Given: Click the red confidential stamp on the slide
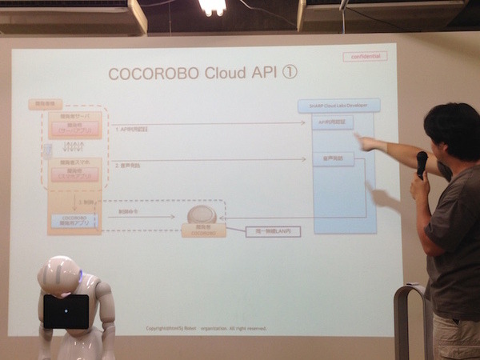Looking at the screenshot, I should point(365,57).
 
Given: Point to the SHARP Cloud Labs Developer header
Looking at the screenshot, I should point(338,105).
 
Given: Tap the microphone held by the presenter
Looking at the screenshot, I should point(422,164).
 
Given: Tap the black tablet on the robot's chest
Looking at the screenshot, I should point(66,311).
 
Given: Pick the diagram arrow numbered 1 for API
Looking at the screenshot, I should point(208,123).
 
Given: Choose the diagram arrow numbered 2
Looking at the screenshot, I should point(208,160).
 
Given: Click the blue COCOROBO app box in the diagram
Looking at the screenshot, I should point(74,220).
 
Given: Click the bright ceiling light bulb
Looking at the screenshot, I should point(212,7).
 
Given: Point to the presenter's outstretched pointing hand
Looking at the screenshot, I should point(369,144).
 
